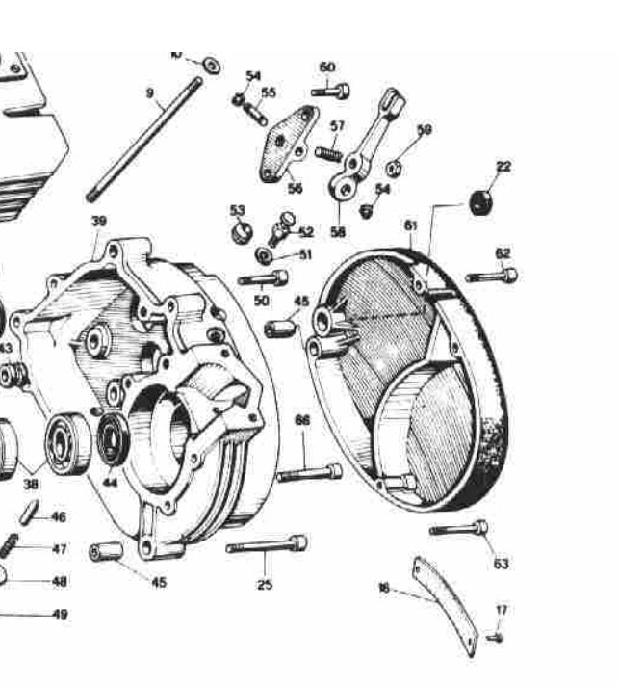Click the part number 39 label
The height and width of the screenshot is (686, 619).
[99, 221]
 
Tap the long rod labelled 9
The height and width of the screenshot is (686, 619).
[144, 140]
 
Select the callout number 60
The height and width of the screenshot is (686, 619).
[327, 66]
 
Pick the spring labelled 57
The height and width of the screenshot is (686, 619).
[328, 152]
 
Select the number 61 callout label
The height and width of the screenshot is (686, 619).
[411, 224]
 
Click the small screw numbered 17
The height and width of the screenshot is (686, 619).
[496, 637]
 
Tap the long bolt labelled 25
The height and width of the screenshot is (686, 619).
[267, 545]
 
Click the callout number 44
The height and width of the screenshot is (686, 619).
[111, 481]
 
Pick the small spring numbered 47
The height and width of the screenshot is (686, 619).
[10, 544]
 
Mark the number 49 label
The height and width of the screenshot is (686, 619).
[60, 615]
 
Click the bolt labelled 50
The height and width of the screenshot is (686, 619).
[263, 279]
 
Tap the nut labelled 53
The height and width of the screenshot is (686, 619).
[241, 232]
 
